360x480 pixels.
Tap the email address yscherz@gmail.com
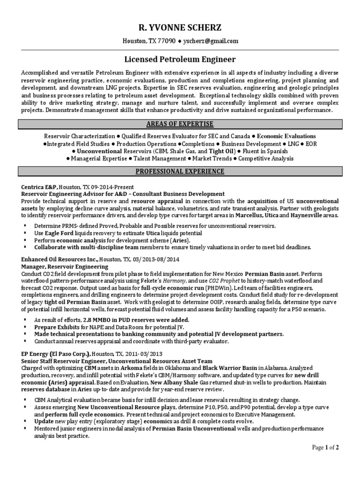pos(211,41)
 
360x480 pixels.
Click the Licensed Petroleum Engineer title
pos(180,60)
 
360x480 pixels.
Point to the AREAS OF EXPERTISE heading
pos(180,124)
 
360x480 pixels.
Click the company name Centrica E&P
pos(41,187)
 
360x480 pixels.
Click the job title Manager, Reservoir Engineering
pos(65,266)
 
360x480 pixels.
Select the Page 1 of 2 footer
pos(325,448)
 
